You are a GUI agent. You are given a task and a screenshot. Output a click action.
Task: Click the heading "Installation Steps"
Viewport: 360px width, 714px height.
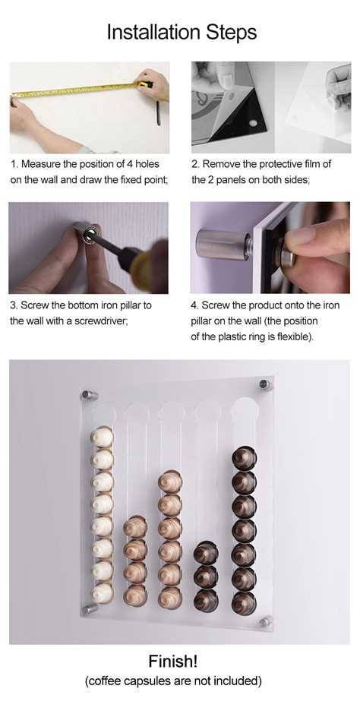(x=182, y=33)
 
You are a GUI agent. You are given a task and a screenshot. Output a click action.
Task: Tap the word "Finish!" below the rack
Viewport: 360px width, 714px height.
(x=173, y=661)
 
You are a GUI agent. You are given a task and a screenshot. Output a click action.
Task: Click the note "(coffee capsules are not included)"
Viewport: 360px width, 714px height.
(x=173, y=681)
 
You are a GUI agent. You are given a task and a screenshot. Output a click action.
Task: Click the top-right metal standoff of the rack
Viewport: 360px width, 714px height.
(x=266, y=385)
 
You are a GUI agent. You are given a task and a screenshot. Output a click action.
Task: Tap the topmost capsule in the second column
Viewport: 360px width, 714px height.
(x=135, y=527)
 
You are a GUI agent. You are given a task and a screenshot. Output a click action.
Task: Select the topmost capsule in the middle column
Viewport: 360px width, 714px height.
(x=170, y=482)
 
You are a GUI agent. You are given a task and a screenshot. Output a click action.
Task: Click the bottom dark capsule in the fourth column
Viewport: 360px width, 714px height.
(x=206, y=600)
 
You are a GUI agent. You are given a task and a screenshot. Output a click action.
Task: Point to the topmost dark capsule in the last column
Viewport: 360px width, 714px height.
(x=244, y=457)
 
